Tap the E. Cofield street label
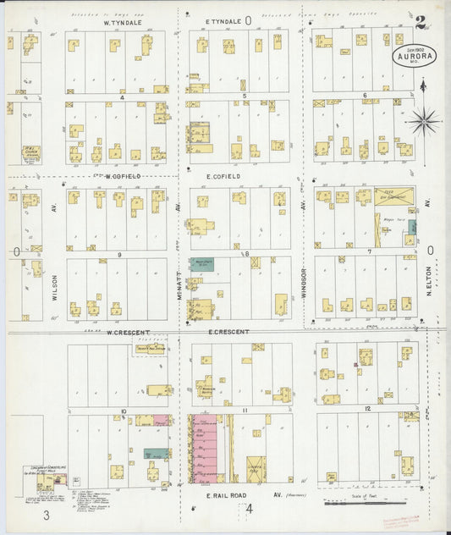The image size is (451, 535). [223, 176]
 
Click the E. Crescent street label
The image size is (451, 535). [228, 332]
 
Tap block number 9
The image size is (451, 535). [119, 254]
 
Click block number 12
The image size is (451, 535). [367, 409]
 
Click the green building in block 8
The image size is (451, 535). [201, 264]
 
